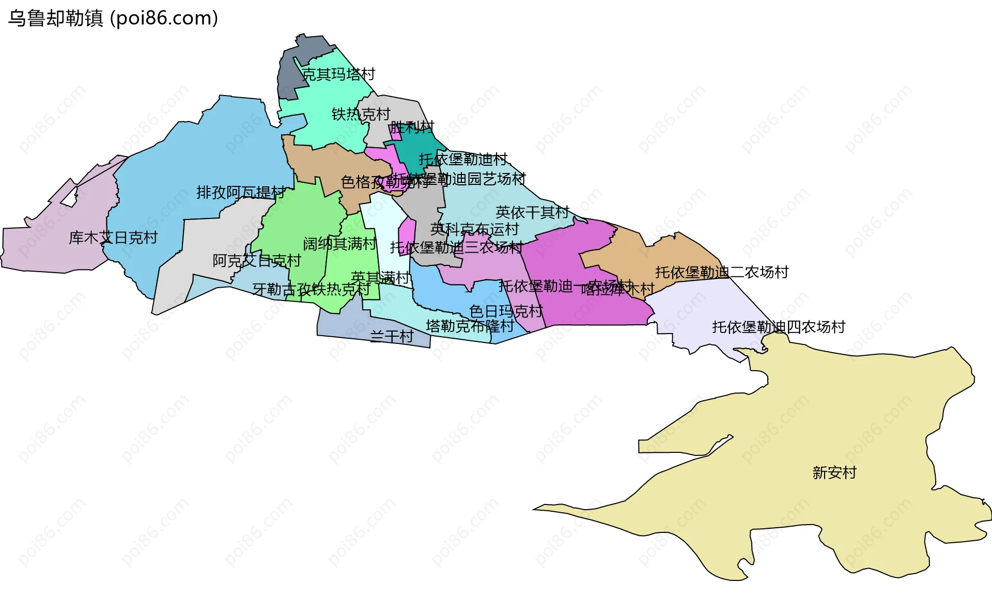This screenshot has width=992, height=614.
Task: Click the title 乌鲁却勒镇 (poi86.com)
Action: tap(113, 18)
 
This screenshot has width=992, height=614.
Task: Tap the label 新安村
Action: tap(834, 473)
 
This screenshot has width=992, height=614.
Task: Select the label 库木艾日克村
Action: tap(113, 238)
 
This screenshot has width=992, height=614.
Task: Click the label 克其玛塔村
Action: tap(338, 74)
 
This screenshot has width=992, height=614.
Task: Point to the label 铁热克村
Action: tap(361, 114)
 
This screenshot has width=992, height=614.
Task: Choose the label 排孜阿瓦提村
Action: tap(240, 193)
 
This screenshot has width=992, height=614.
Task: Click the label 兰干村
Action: tap(392, 337)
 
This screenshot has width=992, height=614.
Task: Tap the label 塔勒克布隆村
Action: tap(470, 326)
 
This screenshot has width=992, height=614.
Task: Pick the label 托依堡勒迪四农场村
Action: tap(778, 327)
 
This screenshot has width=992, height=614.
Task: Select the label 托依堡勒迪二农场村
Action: tap(721, 272)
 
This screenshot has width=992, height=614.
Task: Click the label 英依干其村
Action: tap(532, 212)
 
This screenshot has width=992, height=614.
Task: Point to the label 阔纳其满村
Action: tap(339, 244)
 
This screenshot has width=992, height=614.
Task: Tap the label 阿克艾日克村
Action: tap(256, 261)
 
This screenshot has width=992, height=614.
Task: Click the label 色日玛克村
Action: tap(506, 311)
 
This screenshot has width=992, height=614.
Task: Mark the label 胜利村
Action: tap(412, 127)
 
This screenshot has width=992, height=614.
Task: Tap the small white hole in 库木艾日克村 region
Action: tap(70, 197)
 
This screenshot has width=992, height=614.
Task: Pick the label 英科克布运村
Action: tap(474, 229)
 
